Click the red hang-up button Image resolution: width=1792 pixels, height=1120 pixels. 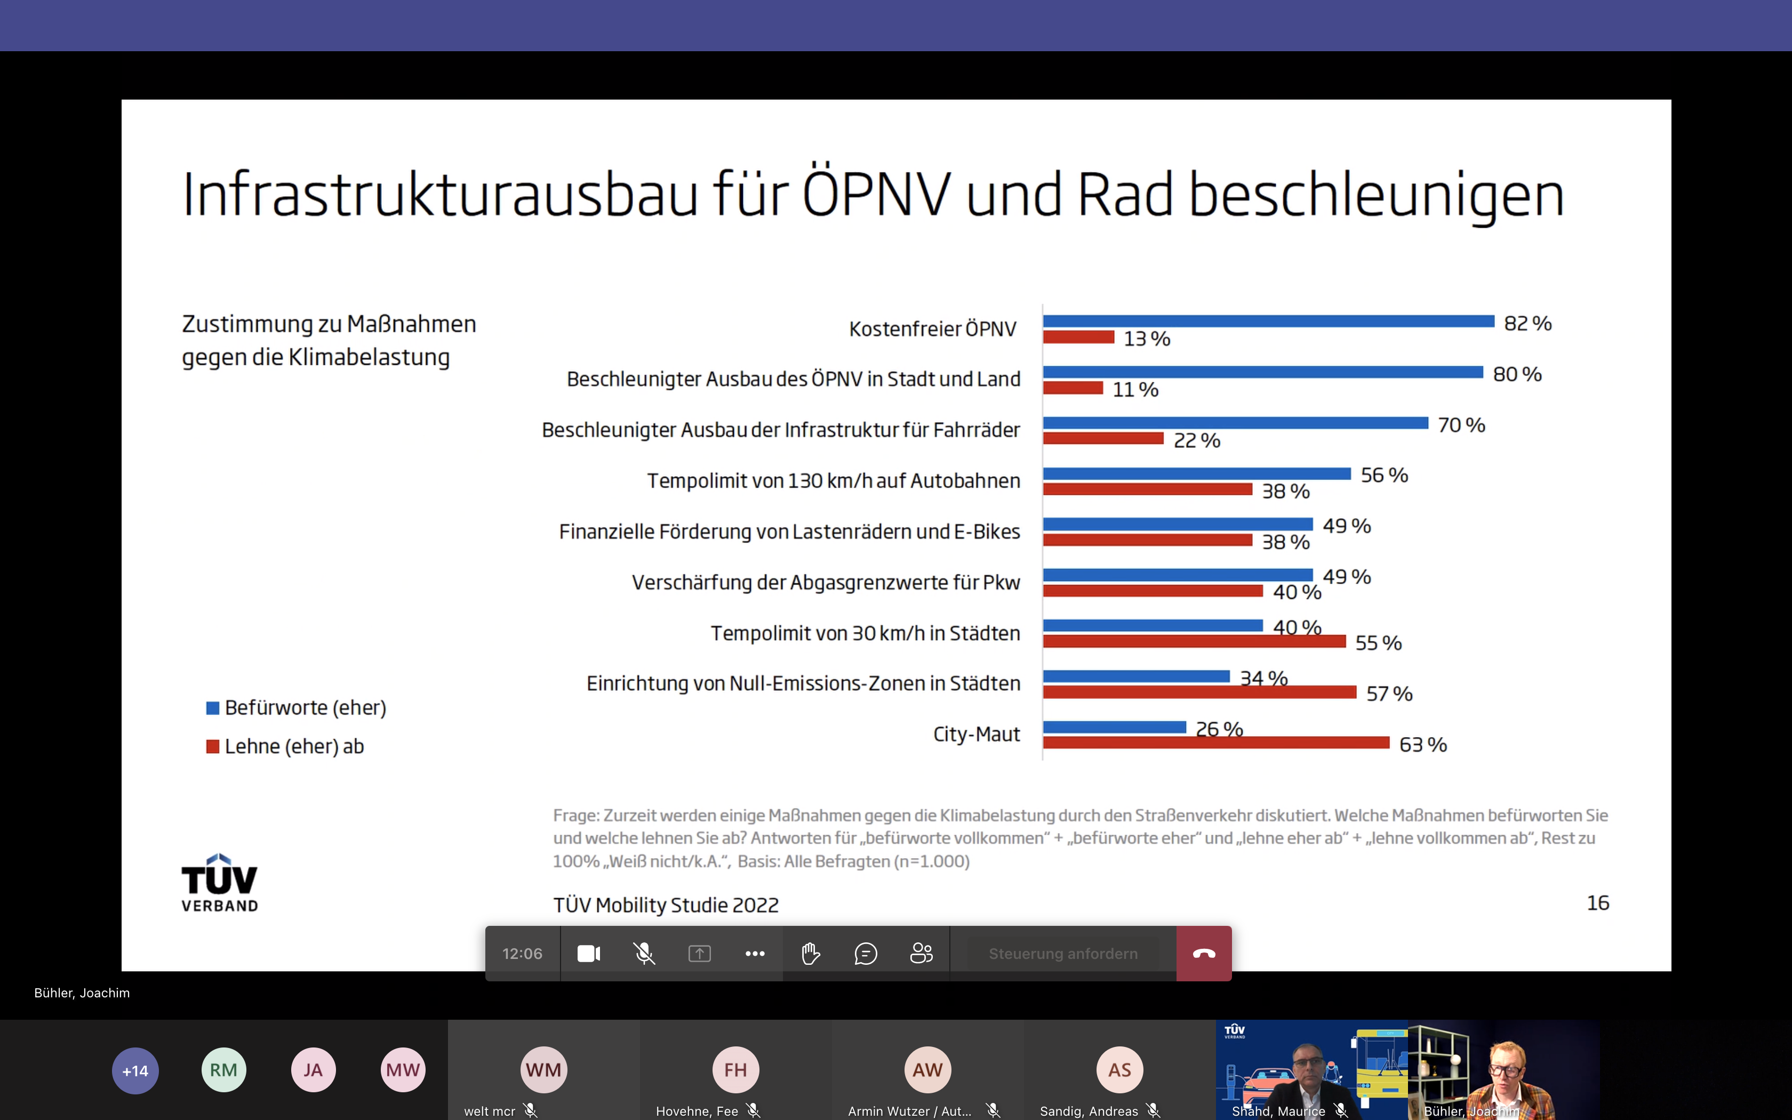(x=1203, y=954)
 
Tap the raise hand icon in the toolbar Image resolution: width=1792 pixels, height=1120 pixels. (x=810, y=954)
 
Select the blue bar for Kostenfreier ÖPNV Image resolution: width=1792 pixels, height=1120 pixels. (x=1268, y=321)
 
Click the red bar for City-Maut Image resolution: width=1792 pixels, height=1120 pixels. (x=1216, y=742)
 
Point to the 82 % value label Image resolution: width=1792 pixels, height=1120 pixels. (x=1527, y=324)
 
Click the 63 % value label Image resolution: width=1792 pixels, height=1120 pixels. (x=1422, y=745)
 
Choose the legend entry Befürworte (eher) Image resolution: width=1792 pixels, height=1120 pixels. (x=296, y=707)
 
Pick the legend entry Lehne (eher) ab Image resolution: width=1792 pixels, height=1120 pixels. (x=286, y=746)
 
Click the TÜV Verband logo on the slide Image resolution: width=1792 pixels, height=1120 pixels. (x=219, y=883)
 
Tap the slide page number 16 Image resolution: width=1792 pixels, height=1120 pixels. (x=1597, y=902)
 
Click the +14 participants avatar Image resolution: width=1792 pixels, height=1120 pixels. (x=135, y=1070)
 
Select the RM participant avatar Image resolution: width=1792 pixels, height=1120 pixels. (x=223, y=1070)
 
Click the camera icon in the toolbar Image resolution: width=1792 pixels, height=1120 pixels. (x=589, y=954)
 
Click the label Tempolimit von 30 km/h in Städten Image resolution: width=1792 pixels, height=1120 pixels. (x=865, y=634)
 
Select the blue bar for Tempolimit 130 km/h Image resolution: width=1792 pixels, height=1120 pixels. (x=1197, y=474)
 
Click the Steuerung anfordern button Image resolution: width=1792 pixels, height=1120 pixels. (x=1062, y=954)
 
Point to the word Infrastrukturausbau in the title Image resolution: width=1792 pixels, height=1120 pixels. (x=440, y=194)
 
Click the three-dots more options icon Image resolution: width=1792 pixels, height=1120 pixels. (x=755, y=954)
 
